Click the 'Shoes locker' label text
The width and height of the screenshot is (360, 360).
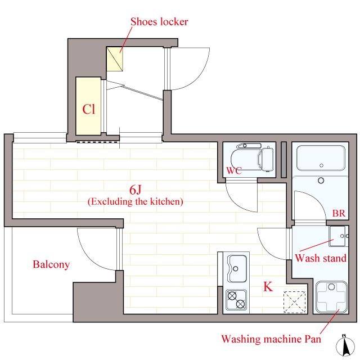(x=159, y=22)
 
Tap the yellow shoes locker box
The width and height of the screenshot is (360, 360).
(x=115, y=59)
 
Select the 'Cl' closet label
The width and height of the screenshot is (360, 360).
(x=89, y=109)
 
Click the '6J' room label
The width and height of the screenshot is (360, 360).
(x=136, y=190)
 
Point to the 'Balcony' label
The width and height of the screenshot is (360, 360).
(x=51, y=264)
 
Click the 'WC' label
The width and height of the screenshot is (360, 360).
(x=234, y=170)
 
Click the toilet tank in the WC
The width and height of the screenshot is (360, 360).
(x=268, y=159)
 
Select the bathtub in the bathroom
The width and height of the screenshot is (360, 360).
(x=321, y=158)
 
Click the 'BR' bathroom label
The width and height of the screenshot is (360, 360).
(x=339, y=213)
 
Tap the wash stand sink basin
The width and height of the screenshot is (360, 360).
(x=337, y=236)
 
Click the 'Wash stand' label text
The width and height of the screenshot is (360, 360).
(x=321, y=258)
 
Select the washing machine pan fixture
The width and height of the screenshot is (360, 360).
(x=331, y=297)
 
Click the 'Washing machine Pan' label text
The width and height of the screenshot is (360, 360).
(x=271, y=339)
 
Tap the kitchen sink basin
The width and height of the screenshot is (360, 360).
(x=237, y=269)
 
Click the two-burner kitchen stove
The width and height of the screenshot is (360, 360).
(x=236, y=300)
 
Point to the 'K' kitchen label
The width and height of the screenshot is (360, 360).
(x=268, y=286)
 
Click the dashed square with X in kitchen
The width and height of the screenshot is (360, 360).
(x=295, y=302)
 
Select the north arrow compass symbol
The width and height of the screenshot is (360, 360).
(x=345, y=346)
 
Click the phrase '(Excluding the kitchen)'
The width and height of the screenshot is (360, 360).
(x=136, y=201)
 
